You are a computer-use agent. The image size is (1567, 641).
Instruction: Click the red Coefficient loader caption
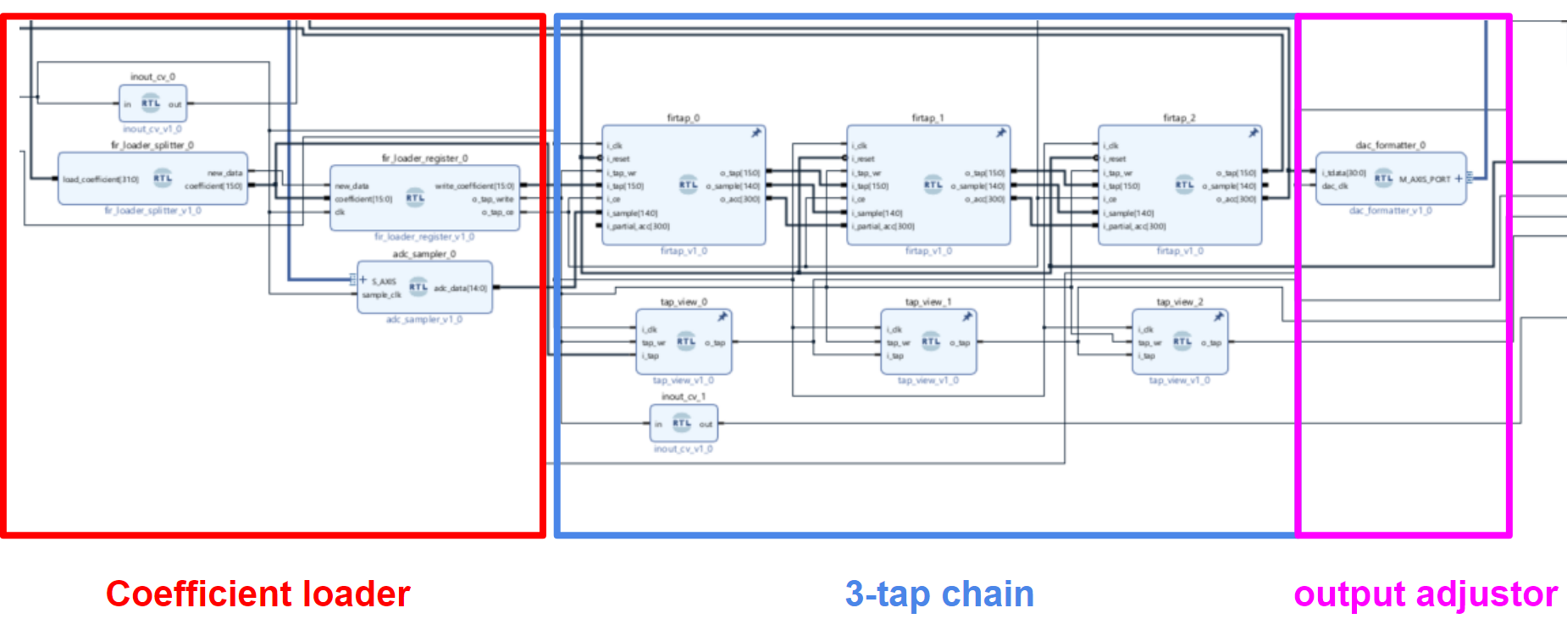257,594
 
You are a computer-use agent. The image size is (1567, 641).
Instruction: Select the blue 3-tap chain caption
939,594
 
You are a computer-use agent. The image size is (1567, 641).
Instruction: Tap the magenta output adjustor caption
1426,594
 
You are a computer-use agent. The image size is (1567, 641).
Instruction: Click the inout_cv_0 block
152,104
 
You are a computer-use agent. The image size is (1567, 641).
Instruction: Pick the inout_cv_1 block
684,423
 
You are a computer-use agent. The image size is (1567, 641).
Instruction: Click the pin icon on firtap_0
756,133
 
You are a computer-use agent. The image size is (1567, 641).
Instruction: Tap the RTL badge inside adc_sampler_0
418,287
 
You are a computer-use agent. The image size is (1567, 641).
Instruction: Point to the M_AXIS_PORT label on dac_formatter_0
1425,180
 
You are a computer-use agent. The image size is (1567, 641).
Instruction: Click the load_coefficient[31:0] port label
100,180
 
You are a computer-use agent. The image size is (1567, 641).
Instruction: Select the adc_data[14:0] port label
461,288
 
